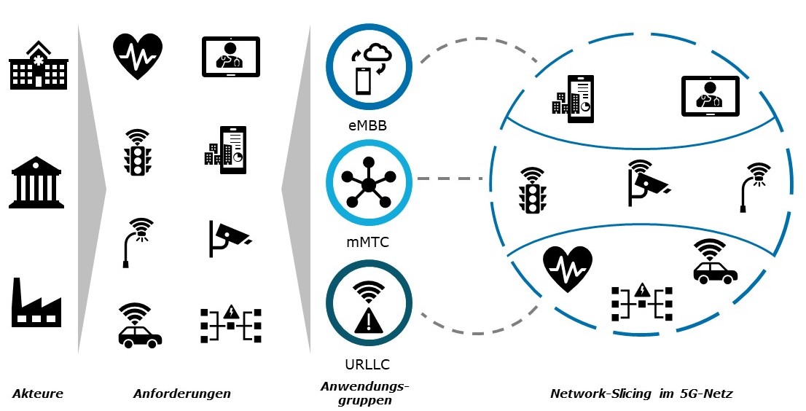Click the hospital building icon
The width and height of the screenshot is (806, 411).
point(37,65)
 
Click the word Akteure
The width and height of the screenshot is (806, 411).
point(38,394)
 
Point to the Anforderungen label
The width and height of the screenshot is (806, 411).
point(181,394)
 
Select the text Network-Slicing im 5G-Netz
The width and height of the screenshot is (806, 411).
point(641,394)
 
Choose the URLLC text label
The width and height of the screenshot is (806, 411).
point(368,363)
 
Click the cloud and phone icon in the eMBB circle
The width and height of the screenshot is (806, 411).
point(369,68)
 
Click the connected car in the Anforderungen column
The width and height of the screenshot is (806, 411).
point(140,325)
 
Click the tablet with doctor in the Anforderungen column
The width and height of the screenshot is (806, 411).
point(230,57)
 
